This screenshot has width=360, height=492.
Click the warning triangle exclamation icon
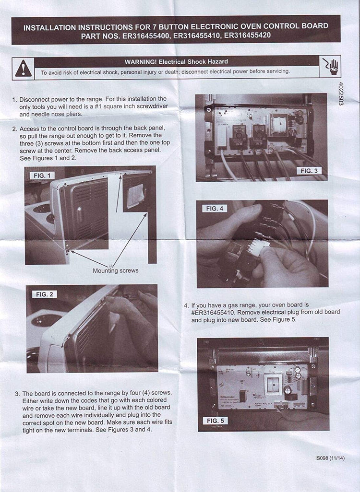23,69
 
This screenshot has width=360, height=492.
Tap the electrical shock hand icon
330,67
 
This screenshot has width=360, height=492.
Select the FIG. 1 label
42,176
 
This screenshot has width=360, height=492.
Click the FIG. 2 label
44,294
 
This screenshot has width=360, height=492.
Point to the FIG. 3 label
309,171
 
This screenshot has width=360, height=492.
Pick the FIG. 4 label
215,208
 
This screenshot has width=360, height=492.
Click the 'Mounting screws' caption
116,270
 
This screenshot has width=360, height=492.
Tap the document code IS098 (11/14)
330,458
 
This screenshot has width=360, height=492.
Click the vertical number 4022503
341,94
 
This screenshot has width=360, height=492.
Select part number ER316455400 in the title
146,36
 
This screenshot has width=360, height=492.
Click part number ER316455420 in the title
247,35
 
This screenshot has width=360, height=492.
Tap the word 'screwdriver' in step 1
152,106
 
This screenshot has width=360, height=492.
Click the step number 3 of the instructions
17,394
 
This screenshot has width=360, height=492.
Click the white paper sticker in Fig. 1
135,196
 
